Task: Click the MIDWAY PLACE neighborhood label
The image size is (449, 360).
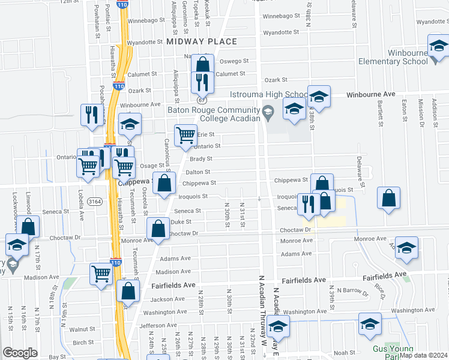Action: click(x=202, y=41)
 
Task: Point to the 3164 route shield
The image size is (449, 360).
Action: click(x=94, y=201)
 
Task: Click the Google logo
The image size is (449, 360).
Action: click(x=20, y=353)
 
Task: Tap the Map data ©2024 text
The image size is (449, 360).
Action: click(x=423, y=355)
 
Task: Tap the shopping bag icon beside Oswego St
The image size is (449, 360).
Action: click(x=202, y=64)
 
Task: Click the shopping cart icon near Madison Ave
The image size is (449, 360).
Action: click(x=101, y=273)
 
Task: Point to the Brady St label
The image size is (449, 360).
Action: click(x=201, y=159)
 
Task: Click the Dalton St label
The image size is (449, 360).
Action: click(x=197, y=172)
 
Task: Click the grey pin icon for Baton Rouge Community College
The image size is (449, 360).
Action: click(x=268, y=110)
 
